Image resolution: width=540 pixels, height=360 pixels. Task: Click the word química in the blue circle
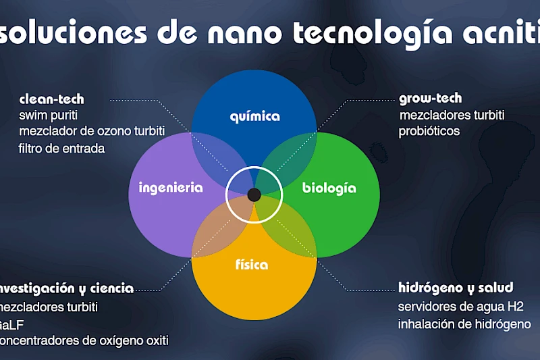click(254, 116)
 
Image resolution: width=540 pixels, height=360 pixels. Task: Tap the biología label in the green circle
click(329, 188)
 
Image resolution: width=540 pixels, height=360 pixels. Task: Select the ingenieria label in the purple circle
click(170, 188)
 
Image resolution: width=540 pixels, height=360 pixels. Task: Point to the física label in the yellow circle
click(251, 264)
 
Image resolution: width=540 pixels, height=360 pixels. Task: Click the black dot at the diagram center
click(254, 195)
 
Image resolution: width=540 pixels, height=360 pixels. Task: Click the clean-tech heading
click(51, 99)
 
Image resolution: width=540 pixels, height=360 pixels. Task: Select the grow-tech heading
click(430, 99)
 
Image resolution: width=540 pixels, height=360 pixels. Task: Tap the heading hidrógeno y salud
click(456, 288)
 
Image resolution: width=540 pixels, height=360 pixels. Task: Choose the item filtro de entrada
click(61, 148)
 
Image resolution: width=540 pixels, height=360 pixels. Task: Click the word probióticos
click(429, 131)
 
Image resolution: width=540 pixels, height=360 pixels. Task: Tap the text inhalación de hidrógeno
click(464, 324)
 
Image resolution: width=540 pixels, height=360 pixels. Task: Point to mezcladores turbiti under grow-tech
click(452, 115)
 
